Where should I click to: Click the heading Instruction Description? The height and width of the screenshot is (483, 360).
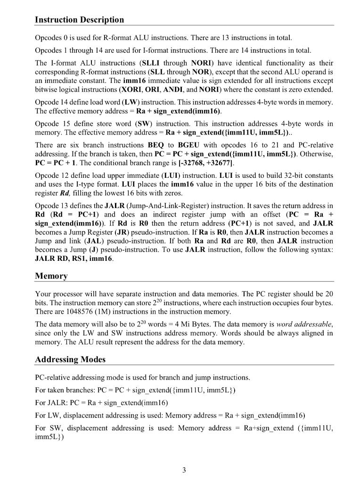pyautogui.click(x=80, y=20)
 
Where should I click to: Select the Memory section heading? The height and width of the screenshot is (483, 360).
pyautogui.click(x=51, y=275)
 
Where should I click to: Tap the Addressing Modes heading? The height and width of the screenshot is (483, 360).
pyautogui.click(x=70, y=359)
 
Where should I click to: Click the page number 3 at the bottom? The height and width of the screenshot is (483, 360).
pyautogui.click(x=184, y=470)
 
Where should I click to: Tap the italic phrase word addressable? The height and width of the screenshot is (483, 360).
pyautogui.click(x=304, y=325)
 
